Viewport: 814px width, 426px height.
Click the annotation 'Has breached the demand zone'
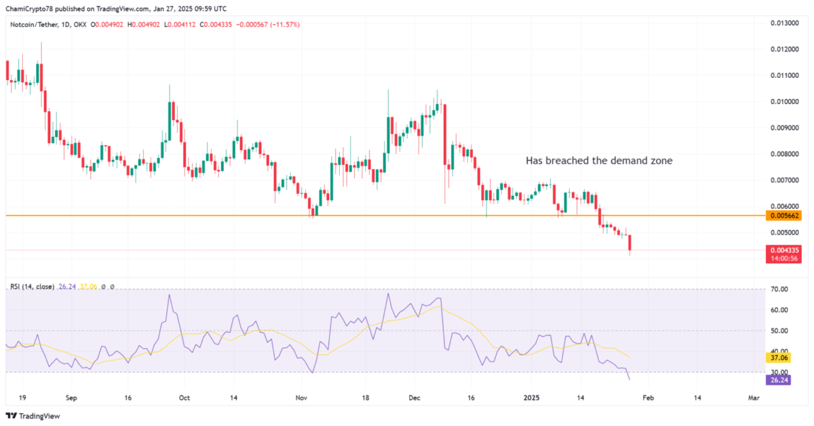pyautogui.click(x=599, y=161)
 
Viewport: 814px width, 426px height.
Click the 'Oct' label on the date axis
pyautogui.click(x=184, y=398)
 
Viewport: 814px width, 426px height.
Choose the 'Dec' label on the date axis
pyautogui.click(x=415, y=398)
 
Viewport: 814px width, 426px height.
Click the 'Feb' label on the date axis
pyautogui.click(x=648, y=398)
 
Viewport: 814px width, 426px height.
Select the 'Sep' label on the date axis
pyautogui.click(x=73, y=398)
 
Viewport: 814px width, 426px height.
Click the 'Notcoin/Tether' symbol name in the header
pyautogui.click(x=33, y=24)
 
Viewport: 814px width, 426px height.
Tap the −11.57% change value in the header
pyautogui.click(x=286, y=24)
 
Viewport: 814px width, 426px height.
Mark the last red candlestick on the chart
pyautogui.click(x=630, y=244)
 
